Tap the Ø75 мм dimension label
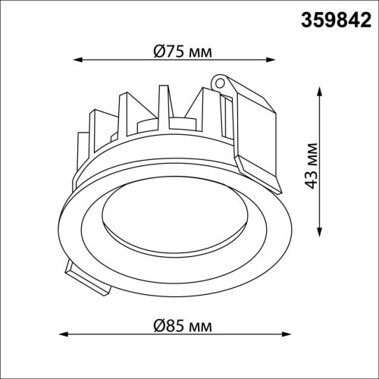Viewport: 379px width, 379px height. [181, 52]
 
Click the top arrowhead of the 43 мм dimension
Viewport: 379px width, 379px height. [318, 89]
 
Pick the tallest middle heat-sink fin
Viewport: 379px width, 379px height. [162, 106]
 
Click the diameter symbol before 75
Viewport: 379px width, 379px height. [158, 52]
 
